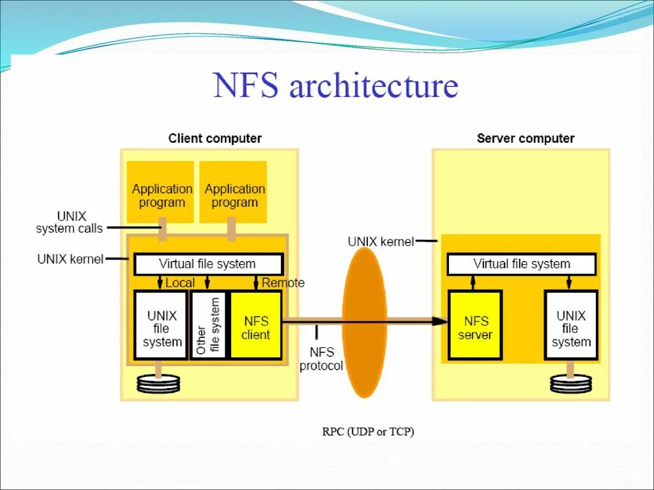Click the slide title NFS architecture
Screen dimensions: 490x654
336,87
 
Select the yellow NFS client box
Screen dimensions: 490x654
255,325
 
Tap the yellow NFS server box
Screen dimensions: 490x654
475,325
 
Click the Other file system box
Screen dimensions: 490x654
208,325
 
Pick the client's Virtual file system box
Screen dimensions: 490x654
208,264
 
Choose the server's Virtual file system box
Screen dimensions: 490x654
521,264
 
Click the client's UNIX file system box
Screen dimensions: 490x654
161,325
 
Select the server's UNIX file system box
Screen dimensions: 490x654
571,325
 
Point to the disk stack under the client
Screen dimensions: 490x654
158,383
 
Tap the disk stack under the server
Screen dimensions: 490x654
570,383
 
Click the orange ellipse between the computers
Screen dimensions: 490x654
365,322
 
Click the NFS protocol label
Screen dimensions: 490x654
321,359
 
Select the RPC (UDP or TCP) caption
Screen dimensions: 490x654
368,432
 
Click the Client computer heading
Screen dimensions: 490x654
215,138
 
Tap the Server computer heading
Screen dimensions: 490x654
526,138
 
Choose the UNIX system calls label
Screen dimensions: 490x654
69,223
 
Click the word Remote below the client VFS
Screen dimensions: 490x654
283,283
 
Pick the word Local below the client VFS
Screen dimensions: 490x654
179,283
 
